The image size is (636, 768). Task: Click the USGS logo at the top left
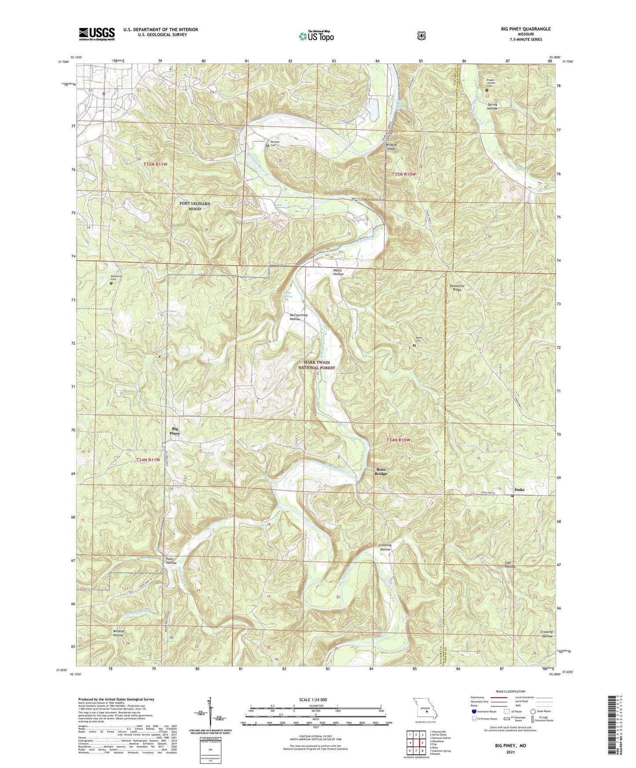[97, 34]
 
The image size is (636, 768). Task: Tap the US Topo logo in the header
[316, 36]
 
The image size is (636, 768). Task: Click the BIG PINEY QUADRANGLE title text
[526, 29]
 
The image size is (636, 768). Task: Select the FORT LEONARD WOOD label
[195, 206]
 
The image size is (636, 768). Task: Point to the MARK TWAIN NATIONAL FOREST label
[316, 365]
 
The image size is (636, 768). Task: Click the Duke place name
[519, 490]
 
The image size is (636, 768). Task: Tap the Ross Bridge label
[381, 472]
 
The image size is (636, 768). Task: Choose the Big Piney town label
[175, 431]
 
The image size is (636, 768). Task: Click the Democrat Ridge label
[457, 288]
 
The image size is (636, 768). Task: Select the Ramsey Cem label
[275, 144]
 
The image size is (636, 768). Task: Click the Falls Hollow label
[171, 561]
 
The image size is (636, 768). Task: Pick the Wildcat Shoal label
[391, 146]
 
